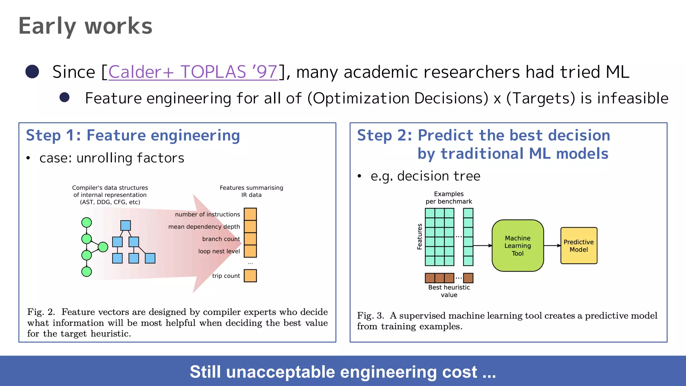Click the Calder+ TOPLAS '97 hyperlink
(193, 72)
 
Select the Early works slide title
(85, 26)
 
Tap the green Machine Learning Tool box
(518, 246)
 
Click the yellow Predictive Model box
(578, 246)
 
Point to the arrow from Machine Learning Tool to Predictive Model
(552, 246)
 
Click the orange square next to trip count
(250, 276)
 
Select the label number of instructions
(207, 214)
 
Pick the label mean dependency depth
(204, 227)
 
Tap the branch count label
(221, 239)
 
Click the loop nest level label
(219, 251)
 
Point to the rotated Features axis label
(419, 237)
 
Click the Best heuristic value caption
(449, 291)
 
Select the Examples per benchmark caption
(449, 198)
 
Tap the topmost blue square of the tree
(126, 226)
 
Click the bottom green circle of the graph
(87, 271)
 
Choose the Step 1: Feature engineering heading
(133, 135)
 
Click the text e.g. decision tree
(425, 176)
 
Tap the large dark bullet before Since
(32, 71)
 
